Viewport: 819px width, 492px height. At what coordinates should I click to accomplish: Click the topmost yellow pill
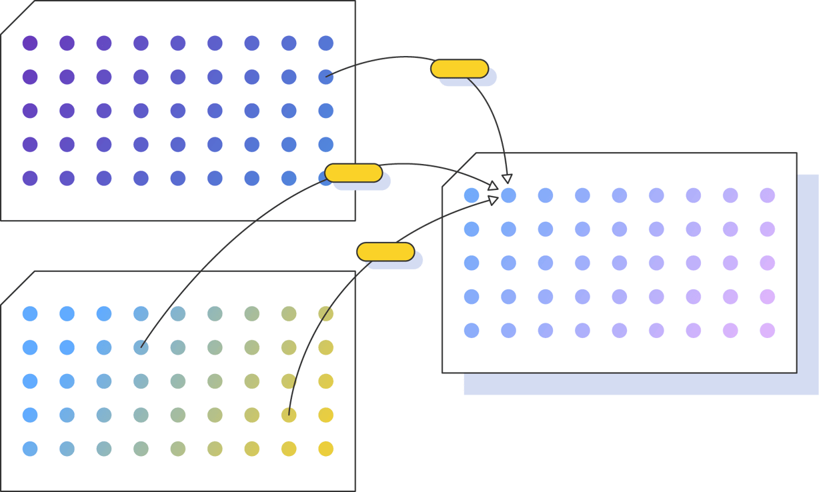pyautogui.click(x=460, y=69)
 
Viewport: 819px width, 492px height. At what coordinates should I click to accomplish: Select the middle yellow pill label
pyautogui.click(x=353, y=173)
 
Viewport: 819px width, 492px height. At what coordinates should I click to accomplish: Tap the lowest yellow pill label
pyautogui.click(x=385, y=251)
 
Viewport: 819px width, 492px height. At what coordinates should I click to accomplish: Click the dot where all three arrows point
pyautogui.click(x=508, y=195)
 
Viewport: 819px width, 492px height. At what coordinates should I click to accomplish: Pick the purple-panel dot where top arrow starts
pyautogui.click(x=325, y=77)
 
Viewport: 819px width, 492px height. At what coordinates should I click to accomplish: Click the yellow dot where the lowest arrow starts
pyautogui.click(x=289, y=415)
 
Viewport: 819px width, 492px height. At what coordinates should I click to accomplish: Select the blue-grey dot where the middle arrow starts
pyautogui.click(x=141, y=347)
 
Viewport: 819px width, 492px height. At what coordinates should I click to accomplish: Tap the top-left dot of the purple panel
pyautogui.click(x=30, y=43)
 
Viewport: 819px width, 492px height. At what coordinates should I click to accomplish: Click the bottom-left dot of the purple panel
pyautogui.click(x=30, y=178)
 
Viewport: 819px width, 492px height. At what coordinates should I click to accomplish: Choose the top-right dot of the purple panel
pyautogui.click(x=325, y=43)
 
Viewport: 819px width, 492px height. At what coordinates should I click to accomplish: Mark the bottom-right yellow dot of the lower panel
pyautogui.click(x=325, y=449)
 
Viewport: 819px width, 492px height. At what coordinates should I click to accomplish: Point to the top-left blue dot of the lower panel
pyautogui.click(x=30, y=313)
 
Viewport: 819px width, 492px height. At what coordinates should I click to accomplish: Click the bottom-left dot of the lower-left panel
pyautogui.click(x=30, y=449)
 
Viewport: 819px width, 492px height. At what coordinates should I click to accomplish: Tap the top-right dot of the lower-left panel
pyautogui.click(x=325, y=313)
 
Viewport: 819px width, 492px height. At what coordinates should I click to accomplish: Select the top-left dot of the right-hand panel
pyautogui.click(x=472, y=195)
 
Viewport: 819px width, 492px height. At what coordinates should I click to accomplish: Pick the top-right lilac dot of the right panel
pyautogui.click(x=767, y=195)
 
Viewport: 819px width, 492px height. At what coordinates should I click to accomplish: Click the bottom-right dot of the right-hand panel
pyautogui.click(x=767, y=330)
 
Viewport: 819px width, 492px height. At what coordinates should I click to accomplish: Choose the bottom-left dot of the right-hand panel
pyautogui.click(x=472, y=330)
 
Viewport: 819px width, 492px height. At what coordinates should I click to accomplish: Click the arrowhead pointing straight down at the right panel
pyautogui.click(x=507, y=178)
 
